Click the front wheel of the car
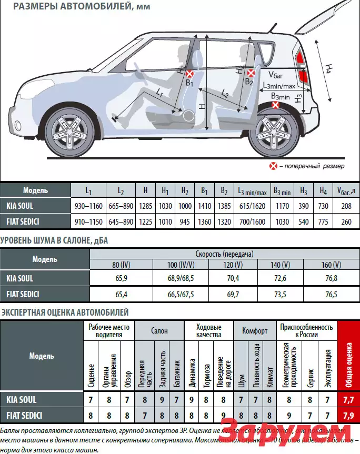coord(71,131)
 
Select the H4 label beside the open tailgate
coord(328,68)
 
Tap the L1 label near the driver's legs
coord(159,93)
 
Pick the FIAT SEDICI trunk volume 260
coord(346,221)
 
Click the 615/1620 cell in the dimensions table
coord(252,206)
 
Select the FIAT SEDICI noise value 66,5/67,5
coord(181,294)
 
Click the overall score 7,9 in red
coord(348,415)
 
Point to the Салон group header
coord(159,331)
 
